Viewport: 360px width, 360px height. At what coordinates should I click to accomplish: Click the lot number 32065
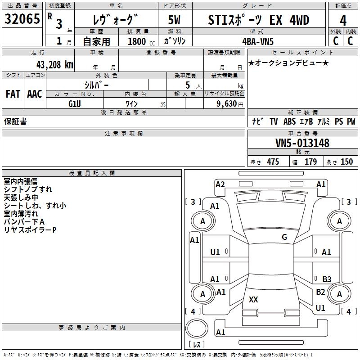(x=22, y=19)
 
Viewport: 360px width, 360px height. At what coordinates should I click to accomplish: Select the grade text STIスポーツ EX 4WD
(x=259, y=20)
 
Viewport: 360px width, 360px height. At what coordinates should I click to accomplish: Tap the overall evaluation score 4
(x=343, y=20)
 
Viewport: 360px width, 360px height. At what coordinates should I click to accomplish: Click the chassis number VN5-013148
(x=302, y=143)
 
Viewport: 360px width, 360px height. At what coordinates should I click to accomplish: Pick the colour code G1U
(x=74, y=103)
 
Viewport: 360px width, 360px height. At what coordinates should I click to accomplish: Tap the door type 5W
(x=175, y=20)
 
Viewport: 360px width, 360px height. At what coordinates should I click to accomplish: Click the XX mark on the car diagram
(x=253, y=300)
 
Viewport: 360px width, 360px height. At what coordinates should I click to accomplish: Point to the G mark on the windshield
(x=284, y=237)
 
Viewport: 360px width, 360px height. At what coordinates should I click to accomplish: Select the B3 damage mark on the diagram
(x=327, y=279)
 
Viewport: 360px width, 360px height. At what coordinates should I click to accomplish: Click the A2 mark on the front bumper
(x=220, y=184)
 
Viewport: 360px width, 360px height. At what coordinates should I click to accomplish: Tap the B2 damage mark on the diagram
(x=320, y=292)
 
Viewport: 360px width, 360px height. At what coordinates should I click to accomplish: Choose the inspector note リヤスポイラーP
(x=30, y=230)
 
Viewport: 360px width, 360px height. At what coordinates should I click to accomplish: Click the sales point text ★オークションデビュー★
(x=288, y=63)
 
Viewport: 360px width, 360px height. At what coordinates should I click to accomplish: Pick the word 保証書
(x=15, y=121)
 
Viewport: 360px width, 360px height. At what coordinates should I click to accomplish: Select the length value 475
(x=272, y=162)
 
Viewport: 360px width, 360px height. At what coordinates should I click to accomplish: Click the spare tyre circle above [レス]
(x=196, y=328)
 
